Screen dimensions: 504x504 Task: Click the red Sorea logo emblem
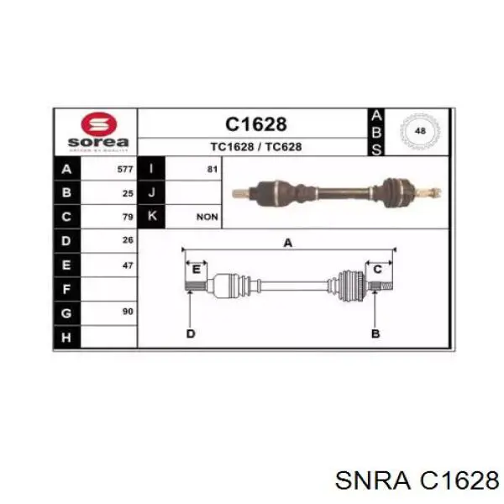coord(98,124)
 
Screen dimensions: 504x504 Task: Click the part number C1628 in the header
coord(256,124)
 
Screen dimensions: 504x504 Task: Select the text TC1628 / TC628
coord(256,147)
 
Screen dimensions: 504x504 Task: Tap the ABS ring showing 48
coord(420,131)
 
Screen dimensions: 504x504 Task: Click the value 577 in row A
coord(125,169)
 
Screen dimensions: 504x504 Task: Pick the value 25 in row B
coord(128,193)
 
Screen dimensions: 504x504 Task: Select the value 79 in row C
coord(128,217)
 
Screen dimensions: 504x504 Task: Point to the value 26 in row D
coord(128,240)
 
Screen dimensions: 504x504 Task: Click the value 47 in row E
coord(128,265)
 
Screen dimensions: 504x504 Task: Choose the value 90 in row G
coord(128,312)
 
